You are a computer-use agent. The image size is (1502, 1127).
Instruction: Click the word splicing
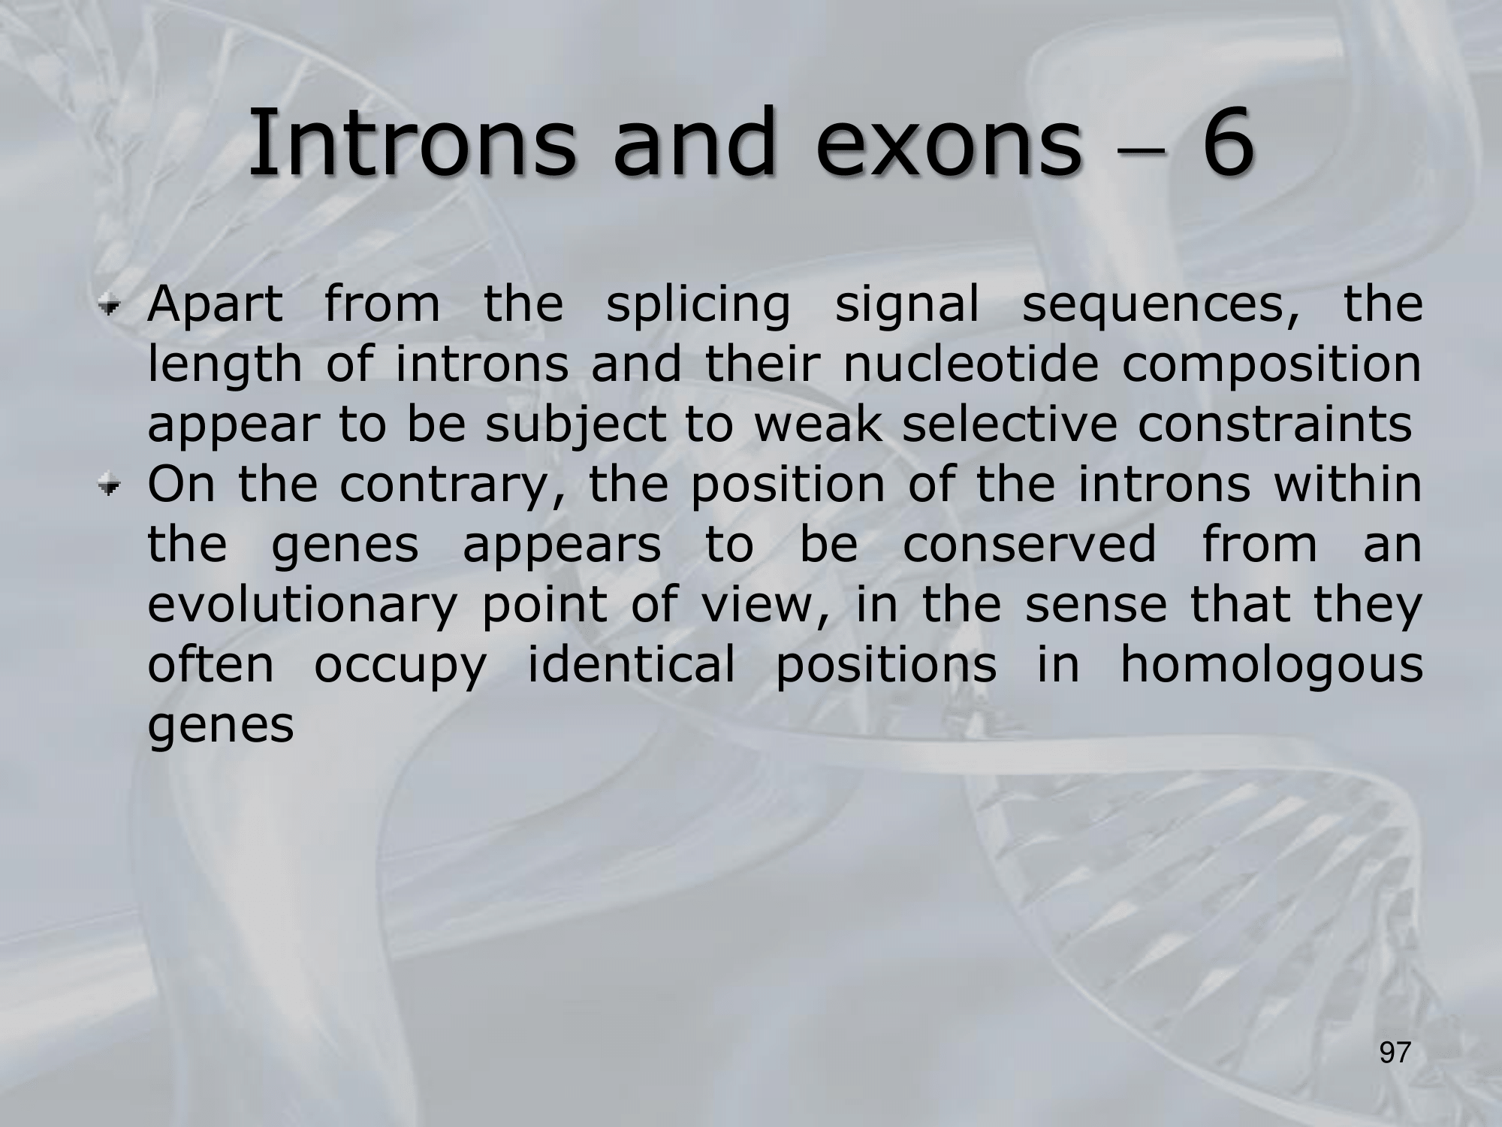pyautogui.click(x=698, y=307)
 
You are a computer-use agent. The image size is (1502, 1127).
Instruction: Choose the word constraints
pyautogui.click(x=1274, y=425)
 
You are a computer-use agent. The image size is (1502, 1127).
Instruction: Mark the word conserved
pyautogui.click(x=1030, y=545)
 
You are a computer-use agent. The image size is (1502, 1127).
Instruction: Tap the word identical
pyautogui.click(x=631, y=666)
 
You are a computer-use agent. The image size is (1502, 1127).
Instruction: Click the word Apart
pyautogui.click(x=216, y=307)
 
